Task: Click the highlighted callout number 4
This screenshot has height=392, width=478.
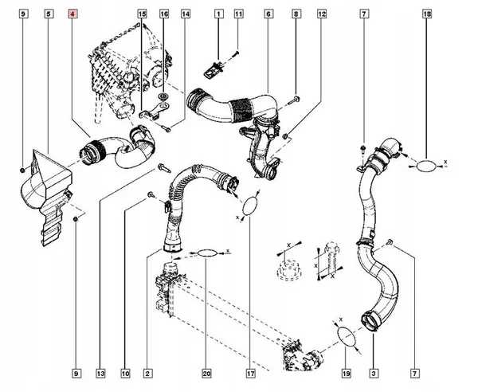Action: pos(74,15)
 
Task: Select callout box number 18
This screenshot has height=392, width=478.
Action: pos(427,15)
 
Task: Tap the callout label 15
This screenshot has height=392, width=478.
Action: pos(142,15)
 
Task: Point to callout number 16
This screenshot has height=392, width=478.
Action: pos(164,15)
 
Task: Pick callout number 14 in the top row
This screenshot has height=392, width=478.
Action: pos(186,15)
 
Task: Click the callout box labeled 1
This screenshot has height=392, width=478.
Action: pos(217,15)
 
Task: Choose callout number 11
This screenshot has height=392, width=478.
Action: pos(238,15)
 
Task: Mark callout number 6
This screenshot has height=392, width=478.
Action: pos(268,15)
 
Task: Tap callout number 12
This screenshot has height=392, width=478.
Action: pos(321,15)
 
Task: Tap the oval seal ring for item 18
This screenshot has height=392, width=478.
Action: pos(428,166)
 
